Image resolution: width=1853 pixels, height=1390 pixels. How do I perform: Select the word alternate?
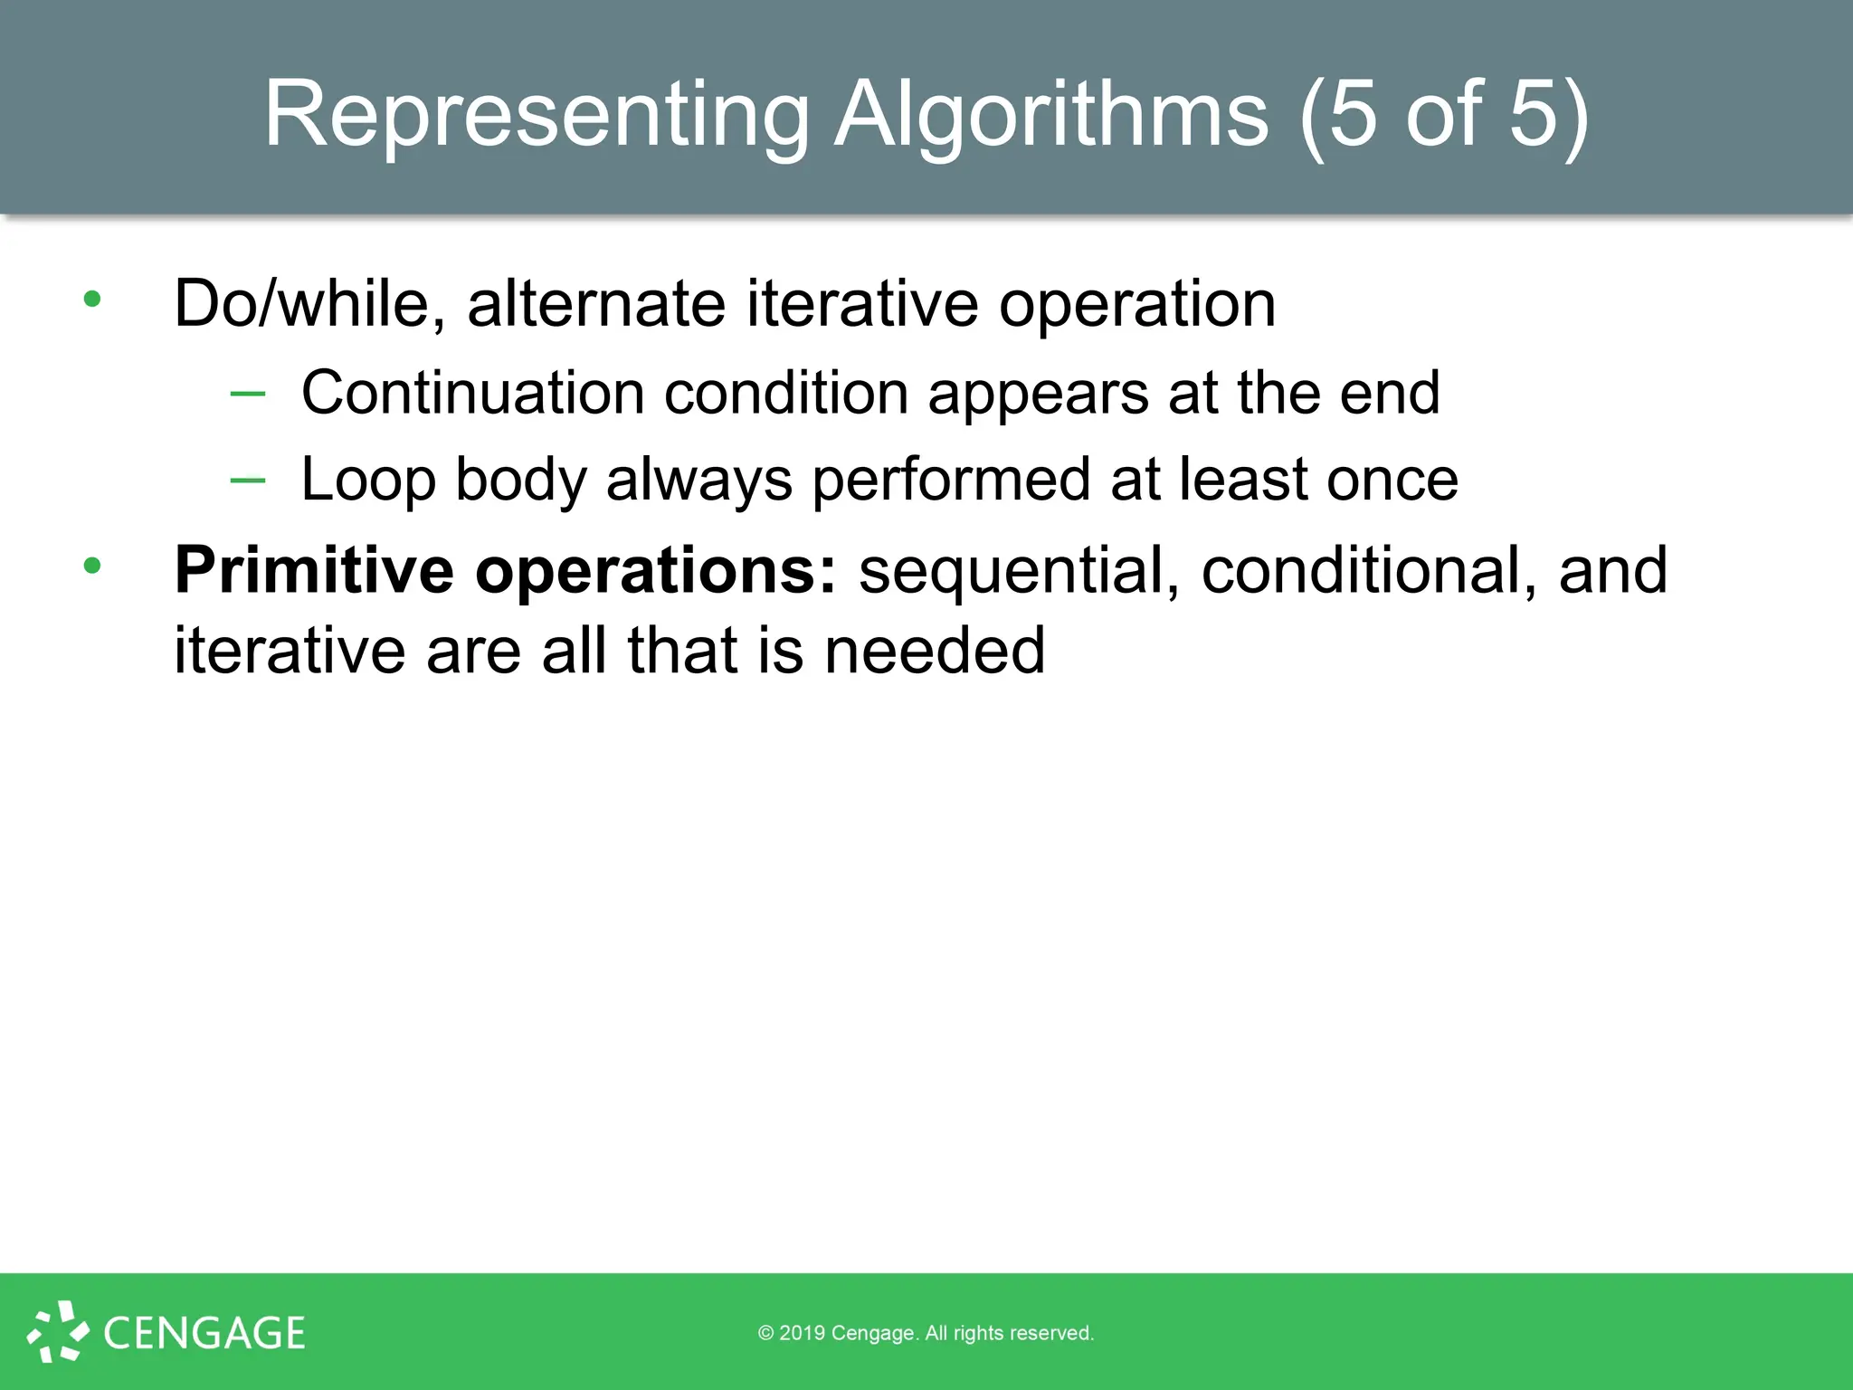coord(596,304)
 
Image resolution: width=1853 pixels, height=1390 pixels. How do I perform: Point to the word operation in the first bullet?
coord(1137,304)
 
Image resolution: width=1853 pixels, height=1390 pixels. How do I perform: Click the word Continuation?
coord(472,393)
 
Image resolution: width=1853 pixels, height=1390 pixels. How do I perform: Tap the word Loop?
coord(368,480)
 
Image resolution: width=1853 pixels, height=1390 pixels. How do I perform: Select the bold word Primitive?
coord(314,570)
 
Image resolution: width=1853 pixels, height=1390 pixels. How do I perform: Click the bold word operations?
coord(657,570)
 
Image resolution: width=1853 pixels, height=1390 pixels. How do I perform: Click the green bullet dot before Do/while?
coord(92,299)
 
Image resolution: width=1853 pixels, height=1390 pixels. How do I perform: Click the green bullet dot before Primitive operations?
coord(92,566)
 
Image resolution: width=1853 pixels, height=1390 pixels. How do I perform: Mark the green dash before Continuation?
coord(248,394)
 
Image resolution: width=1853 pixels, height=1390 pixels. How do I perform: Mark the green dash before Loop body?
coord(248,481)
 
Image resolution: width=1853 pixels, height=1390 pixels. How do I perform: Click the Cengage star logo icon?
coord(58,1331)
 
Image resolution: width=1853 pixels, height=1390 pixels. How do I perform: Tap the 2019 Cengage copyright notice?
coord(926,1333)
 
